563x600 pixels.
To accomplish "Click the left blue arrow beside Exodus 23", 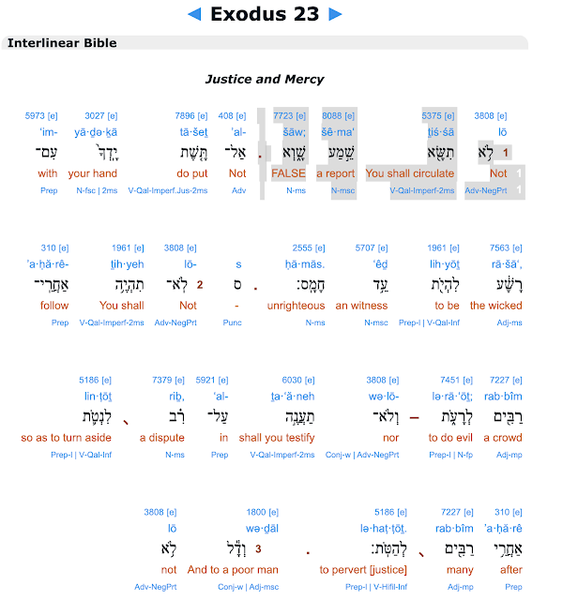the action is coord(194,15).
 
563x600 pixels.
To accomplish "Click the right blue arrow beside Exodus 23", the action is coord(336,15).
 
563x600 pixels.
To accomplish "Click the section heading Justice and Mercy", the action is coord(265,79).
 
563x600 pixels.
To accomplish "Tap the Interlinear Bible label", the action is coord(62,43).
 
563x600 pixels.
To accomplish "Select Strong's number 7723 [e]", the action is coord(290,115).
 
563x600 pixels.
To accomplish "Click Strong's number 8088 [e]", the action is coord(338,115).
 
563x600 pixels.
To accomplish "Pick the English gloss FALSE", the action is coord(288,173).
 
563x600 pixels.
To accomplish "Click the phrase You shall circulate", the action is coord(410,173).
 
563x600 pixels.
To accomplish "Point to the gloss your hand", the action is coord(93,173).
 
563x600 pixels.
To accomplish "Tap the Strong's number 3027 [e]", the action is coord(101,115).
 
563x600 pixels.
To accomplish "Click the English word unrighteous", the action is coord(297,306).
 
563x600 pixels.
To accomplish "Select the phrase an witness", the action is coord(361,306).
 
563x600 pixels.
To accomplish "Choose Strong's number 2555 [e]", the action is coord(309,247).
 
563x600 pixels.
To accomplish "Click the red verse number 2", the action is coord(200,285).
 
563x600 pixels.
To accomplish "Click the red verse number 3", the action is coord(258,548).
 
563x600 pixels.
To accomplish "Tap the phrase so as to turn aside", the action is coord(67,438).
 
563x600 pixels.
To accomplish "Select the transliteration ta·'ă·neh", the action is coord(293,397).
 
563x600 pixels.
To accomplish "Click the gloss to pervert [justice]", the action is coord(363,570).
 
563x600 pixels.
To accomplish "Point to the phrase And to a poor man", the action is coord(233,570).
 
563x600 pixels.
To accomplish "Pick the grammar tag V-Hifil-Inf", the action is coord(390,587).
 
